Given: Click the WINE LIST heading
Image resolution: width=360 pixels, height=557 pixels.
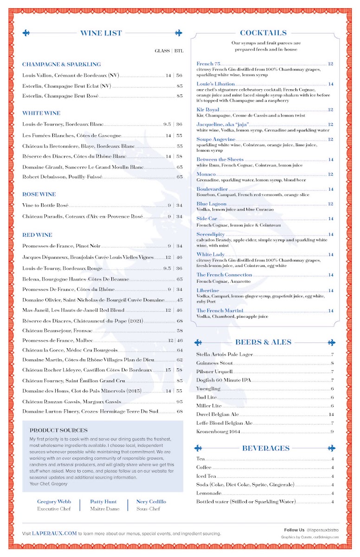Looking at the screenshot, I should [101, 33].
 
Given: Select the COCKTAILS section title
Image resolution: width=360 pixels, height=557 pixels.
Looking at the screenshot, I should [263, 33].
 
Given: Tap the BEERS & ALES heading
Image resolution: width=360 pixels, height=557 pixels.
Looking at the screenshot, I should [263, 343].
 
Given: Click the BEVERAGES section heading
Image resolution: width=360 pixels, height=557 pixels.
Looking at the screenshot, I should [265, 448].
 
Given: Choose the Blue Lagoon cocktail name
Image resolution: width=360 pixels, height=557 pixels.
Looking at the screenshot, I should [212, 204].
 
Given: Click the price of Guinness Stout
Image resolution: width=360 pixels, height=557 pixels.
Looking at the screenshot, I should [332, 363].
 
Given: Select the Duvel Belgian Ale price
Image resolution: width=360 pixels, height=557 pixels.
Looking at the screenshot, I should [331, 415].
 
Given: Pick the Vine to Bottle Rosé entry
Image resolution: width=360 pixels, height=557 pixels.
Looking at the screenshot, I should [45, 205].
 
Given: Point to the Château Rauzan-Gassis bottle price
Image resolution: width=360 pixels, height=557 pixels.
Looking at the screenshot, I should [180, 402].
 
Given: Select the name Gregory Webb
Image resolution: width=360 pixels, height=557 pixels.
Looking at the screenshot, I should [54, 502].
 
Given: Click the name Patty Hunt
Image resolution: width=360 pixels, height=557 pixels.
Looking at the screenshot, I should [103, 502].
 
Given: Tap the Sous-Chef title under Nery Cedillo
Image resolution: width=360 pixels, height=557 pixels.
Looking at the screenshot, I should [148, 509].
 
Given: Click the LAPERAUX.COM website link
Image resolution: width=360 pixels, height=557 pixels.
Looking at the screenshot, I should [54, 534].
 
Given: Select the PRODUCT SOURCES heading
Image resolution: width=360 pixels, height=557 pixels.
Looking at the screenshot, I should [58, 430].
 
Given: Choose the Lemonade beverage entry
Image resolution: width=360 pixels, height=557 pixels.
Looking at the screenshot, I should [209, 493].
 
